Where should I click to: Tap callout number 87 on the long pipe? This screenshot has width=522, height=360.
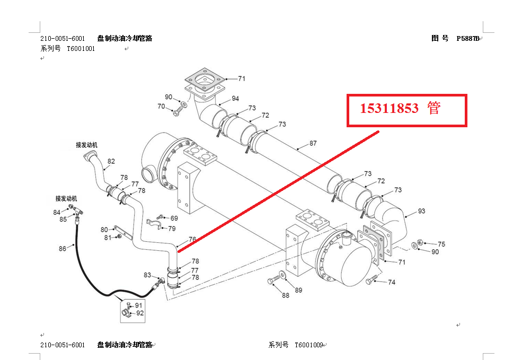coord(313,143)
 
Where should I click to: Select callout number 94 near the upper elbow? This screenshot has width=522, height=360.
coord(235,99)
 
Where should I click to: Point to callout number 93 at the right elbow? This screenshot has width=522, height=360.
coord(421,211)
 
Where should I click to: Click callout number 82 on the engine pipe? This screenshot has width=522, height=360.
coord(111,161)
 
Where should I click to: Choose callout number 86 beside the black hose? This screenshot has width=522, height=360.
coord(63,248)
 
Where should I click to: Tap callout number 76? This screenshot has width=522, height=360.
coord(192,240)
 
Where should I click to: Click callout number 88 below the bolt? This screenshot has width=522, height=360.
coord(286,295)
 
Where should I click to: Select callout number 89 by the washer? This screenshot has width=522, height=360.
coord(299,290)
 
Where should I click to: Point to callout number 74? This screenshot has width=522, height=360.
coord(392,283)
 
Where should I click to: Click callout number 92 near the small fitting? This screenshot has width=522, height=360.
coord(140,313)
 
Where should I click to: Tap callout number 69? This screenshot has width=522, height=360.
coord(174,218)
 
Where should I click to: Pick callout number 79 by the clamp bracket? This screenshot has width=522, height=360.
coord(172,229)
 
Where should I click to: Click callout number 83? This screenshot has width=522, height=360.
coord(147,275)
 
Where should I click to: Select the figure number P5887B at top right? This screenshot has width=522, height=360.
coord(468,38)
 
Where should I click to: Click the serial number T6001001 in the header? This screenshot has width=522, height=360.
coord(81,48)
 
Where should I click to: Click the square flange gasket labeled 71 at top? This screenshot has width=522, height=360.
coord(204,80)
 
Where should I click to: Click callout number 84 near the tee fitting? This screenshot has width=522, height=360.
coord(57,212)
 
